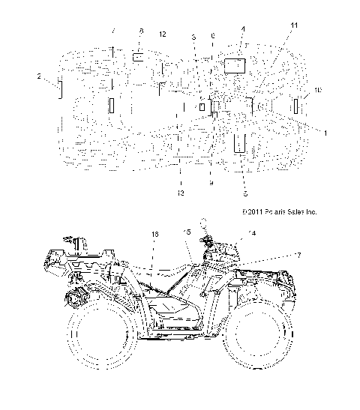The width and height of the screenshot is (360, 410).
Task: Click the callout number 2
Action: [x=38, y=76]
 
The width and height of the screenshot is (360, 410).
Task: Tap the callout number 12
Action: [x=163, y=35]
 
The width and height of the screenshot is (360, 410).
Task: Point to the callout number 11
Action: [x=294, y=26]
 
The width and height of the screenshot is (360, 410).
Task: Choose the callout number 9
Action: [x=211, y=182]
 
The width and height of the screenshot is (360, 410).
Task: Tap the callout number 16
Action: [x=155, y=235]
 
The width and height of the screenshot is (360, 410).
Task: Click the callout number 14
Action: [x=250, y=234]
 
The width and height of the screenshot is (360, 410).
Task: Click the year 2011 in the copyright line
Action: [x=252, y=213]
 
